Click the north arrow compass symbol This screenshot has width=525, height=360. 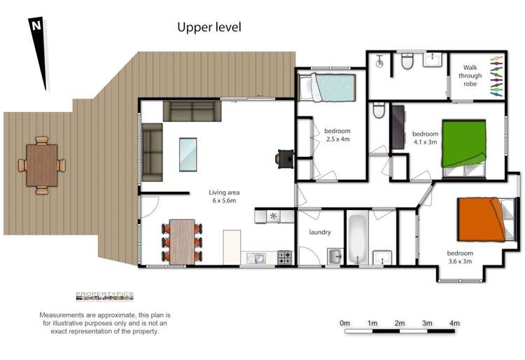[x=39, y=53]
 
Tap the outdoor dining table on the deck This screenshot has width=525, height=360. [x=42, y=165]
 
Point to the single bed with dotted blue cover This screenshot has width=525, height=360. [x=328, y=89]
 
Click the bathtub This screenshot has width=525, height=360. [x=358, y=238]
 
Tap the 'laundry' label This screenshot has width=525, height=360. [x=320, y=232]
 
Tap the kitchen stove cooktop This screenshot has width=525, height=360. [x=285, y=257]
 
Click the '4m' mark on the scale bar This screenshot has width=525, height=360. [x=454, y=323]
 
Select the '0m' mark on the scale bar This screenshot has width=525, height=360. [x=344, y=323]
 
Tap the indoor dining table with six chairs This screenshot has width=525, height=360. [x=182, y=241]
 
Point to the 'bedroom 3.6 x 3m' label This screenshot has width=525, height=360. [x=460, y=257]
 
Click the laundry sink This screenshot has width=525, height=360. [x=335, y=254]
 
